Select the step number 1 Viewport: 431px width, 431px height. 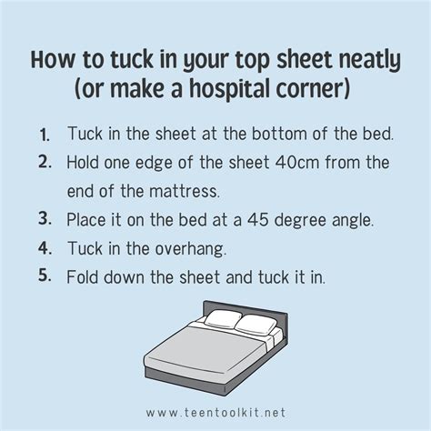(x=45, y=135)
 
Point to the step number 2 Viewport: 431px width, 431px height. (x=45, y=163)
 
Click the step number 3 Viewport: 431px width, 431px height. (x=45, y=219)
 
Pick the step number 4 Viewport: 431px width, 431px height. (x=45, y=248)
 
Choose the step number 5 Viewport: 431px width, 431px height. (x=45, y=276)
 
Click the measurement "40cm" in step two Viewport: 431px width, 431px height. (x=297, y=163)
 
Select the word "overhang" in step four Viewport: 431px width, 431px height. (x=190, y=249)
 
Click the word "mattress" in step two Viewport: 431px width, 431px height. (x=184, y=191)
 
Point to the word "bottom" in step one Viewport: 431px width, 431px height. (x=279, y=134)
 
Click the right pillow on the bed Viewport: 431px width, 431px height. (x=256, y=326)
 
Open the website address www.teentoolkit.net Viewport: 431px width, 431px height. (x=215, y=413)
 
